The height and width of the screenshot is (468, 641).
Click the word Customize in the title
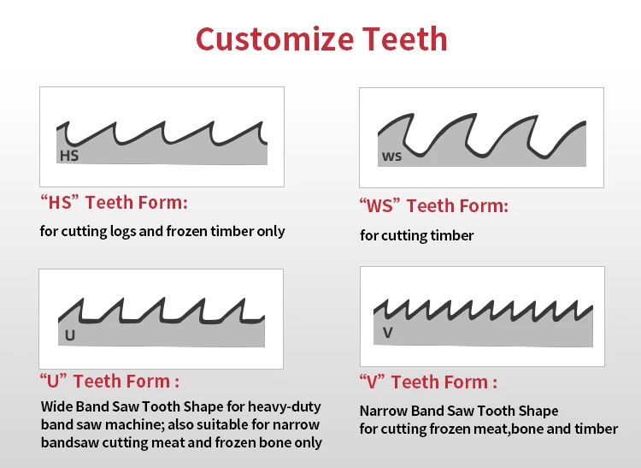click(x=274, y=39)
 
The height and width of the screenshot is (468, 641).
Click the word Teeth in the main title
click(x=405, y=39)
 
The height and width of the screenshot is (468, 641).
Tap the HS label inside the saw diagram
click(x=69, y=156)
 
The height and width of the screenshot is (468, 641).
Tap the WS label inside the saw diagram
click(x=391, y=157)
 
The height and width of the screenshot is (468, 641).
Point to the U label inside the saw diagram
click(x=70, y=335)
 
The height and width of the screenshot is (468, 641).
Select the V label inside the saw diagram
click(x=388, y=332)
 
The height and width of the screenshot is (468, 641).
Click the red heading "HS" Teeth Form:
click(x=114, y=202)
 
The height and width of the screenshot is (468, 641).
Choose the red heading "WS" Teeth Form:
click(x=433, y=205)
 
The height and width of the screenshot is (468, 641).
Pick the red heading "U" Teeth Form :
click(x=109, y=381)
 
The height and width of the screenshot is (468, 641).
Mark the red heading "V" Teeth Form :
click(x=428, y=382)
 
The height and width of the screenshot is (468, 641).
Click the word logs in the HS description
click(x=122, y=232)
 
